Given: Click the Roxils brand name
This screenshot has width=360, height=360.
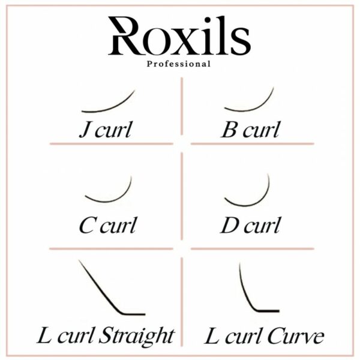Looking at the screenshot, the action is [179, 35].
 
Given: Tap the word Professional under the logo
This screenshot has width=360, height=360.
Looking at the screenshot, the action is [179, 64].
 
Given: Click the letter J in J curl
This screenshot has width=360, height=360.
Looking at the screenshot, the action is [84, 130].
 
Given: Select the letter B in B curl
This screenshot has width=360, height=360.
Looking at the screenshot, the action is [229, 130].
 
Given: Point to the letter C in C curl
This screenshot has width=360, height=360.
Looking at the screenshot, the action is [86, 226].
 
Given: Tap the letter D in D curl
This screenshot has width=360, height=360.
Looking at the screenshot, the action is [230, 226].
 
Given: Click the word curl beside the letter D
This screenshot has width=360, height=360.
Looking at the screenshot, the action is [262, 225].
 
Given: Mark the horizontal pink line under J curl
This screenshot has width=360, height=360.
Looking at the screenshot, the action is [112, 144].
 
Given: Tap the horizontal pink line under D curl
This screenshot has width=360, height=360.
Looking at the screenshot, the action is [253, 248].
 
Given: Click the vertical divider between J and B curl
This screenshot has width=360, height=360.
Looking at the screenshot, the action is [182, 106].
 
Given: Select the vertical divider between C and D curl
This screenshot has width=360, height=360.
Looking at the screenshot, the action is [182, 196].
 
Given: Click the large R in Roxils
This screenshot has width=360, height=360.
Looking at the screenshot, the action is [126, 36].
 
